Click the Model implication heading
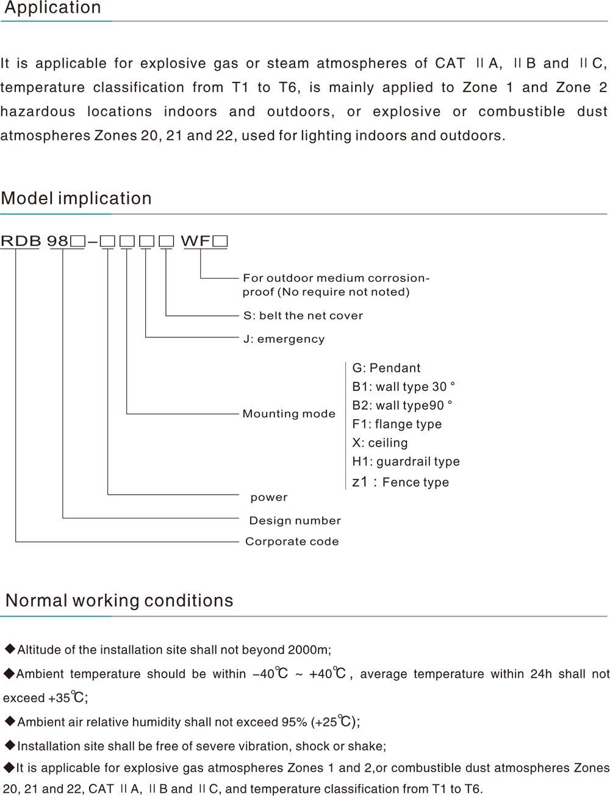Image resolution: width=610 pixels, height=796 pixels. (x=76, y=198)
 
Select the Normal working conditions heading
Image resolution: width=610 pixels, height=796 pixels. (x=120, y=601)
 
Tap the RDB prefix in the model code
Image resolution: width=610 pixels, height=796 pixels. (x=21, y=241)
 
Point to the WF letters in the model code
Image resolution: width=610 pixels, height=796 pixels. (x=196, y=241)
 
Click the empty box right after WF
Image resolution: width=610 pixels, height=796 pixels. (x=220, y=241)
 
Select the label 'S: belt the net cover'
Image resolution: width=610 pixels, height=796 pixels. (x=303, y=315)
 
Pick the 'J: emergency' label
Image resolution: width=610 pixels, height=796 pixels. (x=284, y=339)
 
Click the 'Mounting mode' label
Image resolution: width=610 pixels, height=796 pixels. (x=289, y=414)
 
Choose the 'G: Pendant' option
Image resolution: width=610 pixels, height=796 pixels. (x=386, y=368)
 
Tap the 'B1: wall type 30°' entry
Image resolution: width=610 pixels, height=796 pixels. (x=403, y=387)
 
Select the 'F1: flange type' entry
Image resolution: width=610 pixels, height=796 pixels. (x=396, y=424)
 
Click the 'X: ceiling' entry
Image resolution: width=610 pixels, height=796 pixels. (x=380, y=442)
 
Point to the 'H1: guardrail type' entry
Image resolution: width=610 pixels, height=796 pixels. (x=406, y=462)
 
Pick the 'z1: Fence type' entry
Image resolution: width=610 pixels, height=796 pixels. (x=400, y=482)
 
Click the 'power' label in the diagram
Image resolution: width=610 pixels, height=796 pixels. (x=269, y=498)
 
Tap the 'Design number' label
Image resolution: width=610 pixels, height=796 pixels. (x=295, y=520)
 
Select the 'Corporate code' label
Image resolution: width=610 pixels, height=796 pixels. (x=292, y=542)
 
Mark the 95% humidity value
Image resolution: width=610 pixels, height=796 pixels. (x=295, y=722)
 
